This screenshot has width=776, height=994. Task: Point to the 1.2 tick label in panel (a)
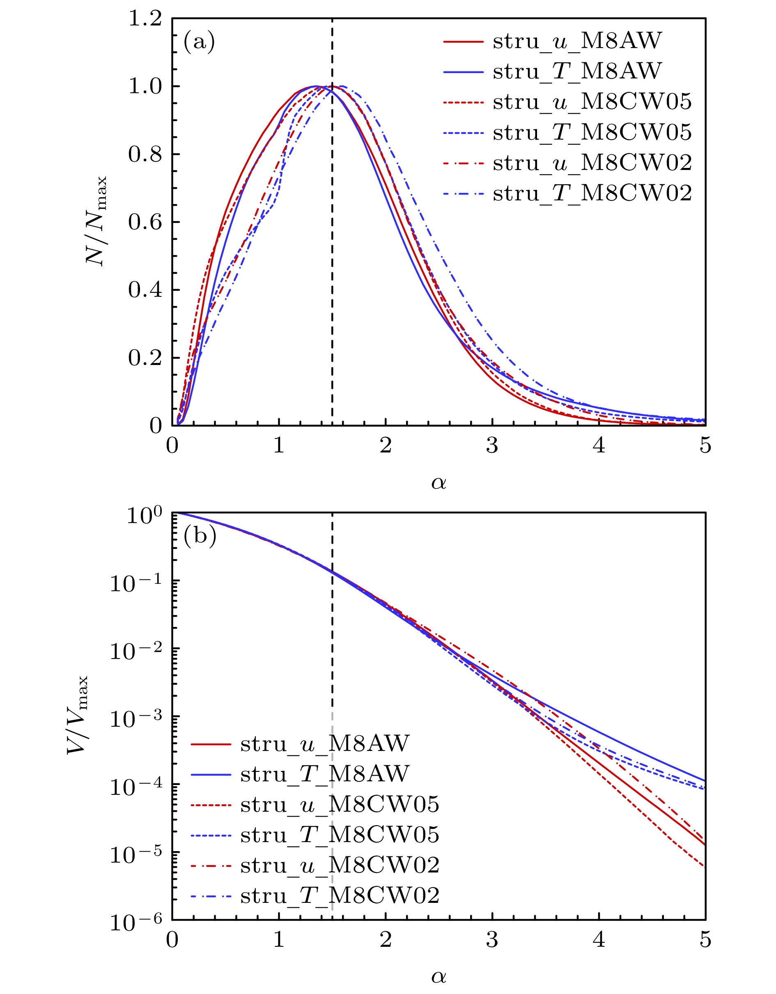pyautogui.click(x=145, y=19)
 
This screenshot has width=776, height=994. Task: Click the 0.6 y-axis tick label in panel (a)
pyautogui.click(x=145, y=223)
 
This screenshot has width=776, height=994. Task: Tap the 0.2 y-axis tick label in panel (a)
pyautogui.click(x=145, y=358)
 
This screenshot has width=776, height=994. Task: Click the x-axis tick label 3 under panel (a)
pyautogui.click(x=492, y=445)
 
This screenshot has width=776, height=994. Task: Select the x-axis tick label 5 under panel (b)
pyautogui.click(x=705, y=940)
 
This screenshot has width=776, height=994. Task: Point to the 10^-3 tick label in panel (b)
pyautogui.click(x=136, y=720)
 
